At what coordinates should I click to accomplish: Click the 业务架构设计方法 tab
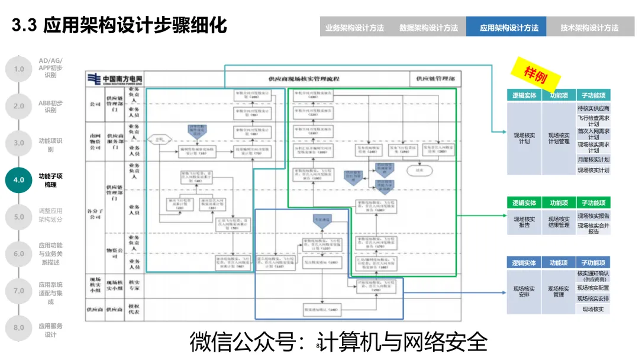[354, 27]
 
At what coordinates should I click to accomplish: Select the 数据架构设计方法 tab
[428, 27]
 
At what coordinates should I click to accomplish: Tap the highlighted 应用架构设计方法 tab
[509, 27]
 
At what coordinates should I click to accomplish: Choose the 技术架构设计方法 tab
[589, 27]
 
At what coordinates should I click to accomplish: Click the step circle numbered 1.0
[19, 69]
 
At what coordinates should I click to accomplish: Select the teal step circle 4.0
[19, 180]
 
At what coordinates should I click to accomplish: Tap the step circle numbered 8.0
[19, 327]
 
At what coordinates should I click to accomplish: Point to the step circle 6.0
[19, 253]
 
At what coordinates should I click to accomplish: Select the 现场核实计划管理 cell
[559, 139]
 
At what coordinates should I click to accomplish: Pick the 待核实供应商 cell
[593, 108]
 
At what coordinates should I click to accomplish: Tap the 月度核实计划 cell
[593, 159]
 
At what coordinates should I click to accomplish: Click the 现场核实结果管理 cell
[559, 222]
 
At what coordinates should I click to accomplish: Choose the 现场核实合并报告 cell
[593, 227]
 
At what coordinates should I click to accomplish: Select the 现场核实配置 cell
[593, 288]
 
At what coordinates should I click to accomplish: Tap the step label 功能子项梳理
[50, 180]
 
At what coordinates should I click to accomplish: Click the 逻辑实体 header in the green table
[524, 203]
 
